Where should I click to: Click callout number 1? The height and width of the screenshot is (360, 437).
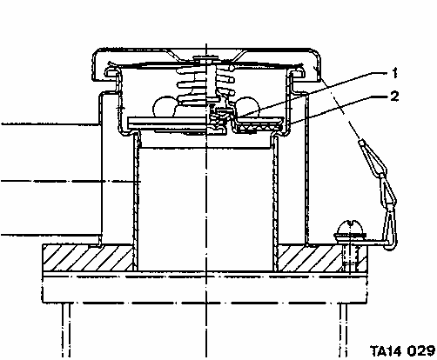point(394,73)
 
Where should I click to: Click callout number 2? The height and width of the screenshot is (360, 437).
point(394,96)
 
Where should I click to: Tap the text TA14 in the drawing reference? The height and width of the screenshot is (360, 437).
point(387,350)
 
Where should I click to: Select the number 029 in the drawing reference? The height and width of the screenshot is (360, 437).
point(420,350)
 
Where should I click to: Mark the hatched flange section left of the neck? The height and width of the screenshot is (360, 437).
point(88,257)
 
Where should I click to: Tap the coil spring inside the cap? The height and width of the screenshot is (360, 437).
point(206,84)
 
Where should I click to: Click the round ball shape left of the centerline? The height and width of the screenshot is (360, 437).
point(164,106)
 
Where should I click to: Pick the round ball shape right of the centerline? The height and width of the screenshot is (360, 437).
point(247,106)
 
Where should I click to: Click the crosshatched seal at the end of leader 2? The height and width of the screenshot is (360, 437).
point(259,127)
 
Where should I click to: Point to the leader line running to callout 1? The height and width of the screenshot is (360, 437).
point(312,95)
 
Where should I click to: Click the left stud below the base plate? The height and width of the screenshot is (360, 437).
point(66,330)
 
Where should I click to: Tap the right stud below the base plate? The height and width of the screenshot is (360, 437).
point(343,330)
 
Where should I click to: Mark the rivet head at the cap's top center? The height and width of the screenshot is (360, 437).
point(205,59)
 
